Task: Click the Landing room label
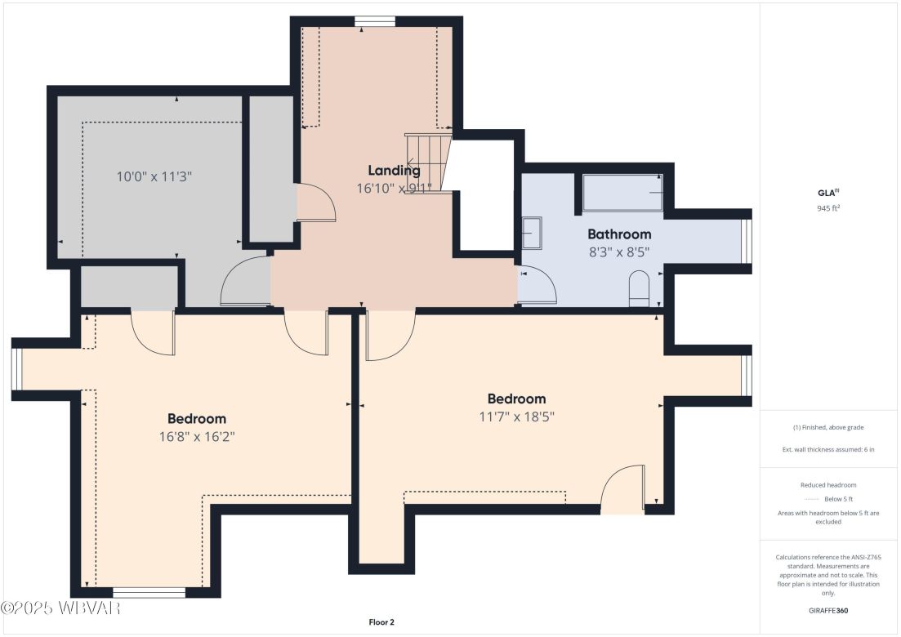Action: click(x=394, y=171)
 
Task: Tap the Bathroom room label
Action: click(x=619, y=234)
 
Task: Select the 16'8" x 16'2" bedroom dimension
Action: click(x=197, y=436)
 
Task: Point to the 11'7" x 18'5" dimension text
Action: click(x=516, y=416)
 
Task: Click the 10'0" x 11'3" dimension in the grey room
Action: click(x=154, y=176)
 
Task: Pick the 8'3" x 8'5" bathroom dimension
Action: click(x=619, y=252)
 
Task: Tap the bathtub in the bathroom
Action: click(x=622, y=193)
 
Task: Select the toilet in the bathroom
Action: click(x=638, y=291)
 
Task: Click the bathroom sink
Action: click(x=531, y=234)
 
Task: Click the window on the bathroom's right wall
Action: click(x=745, y=242)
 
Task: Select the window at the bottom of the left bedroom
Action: click(x=149, y=592)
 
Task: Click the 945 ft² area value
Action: click(x=829, y=207)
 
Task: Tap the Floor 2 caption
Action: click(x=381, y=622)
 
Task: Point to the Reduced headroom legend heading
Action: click(x=829, y=485)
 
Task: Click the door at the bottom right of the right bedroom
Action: click(x=622, y=490)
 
